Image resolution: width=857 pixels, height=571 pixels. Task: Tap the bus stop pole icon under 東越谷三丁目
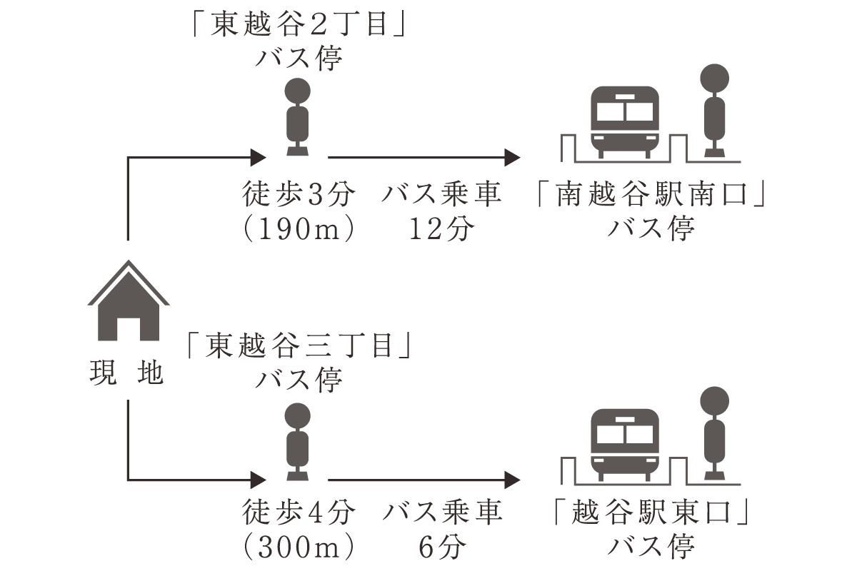tap(298, 440)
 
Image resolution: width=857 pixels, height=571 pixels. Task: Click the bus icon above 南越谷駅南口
tap(625, 122)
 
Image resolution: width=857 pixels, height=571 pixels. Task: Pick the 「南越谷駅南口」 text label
tap(651, 196)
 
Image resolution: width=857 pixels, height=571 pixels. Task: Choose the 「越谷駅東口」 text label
tap(651, 513)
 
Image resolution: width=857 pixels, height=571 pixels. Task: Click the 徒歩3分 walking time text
tap(298, 195)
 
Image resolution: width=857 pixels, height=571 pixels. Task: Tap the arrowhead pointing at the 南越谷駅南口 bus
tap(513, 156)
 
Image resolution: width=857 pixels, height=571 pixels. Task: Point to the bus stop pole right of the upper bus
tap(714, 111)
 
